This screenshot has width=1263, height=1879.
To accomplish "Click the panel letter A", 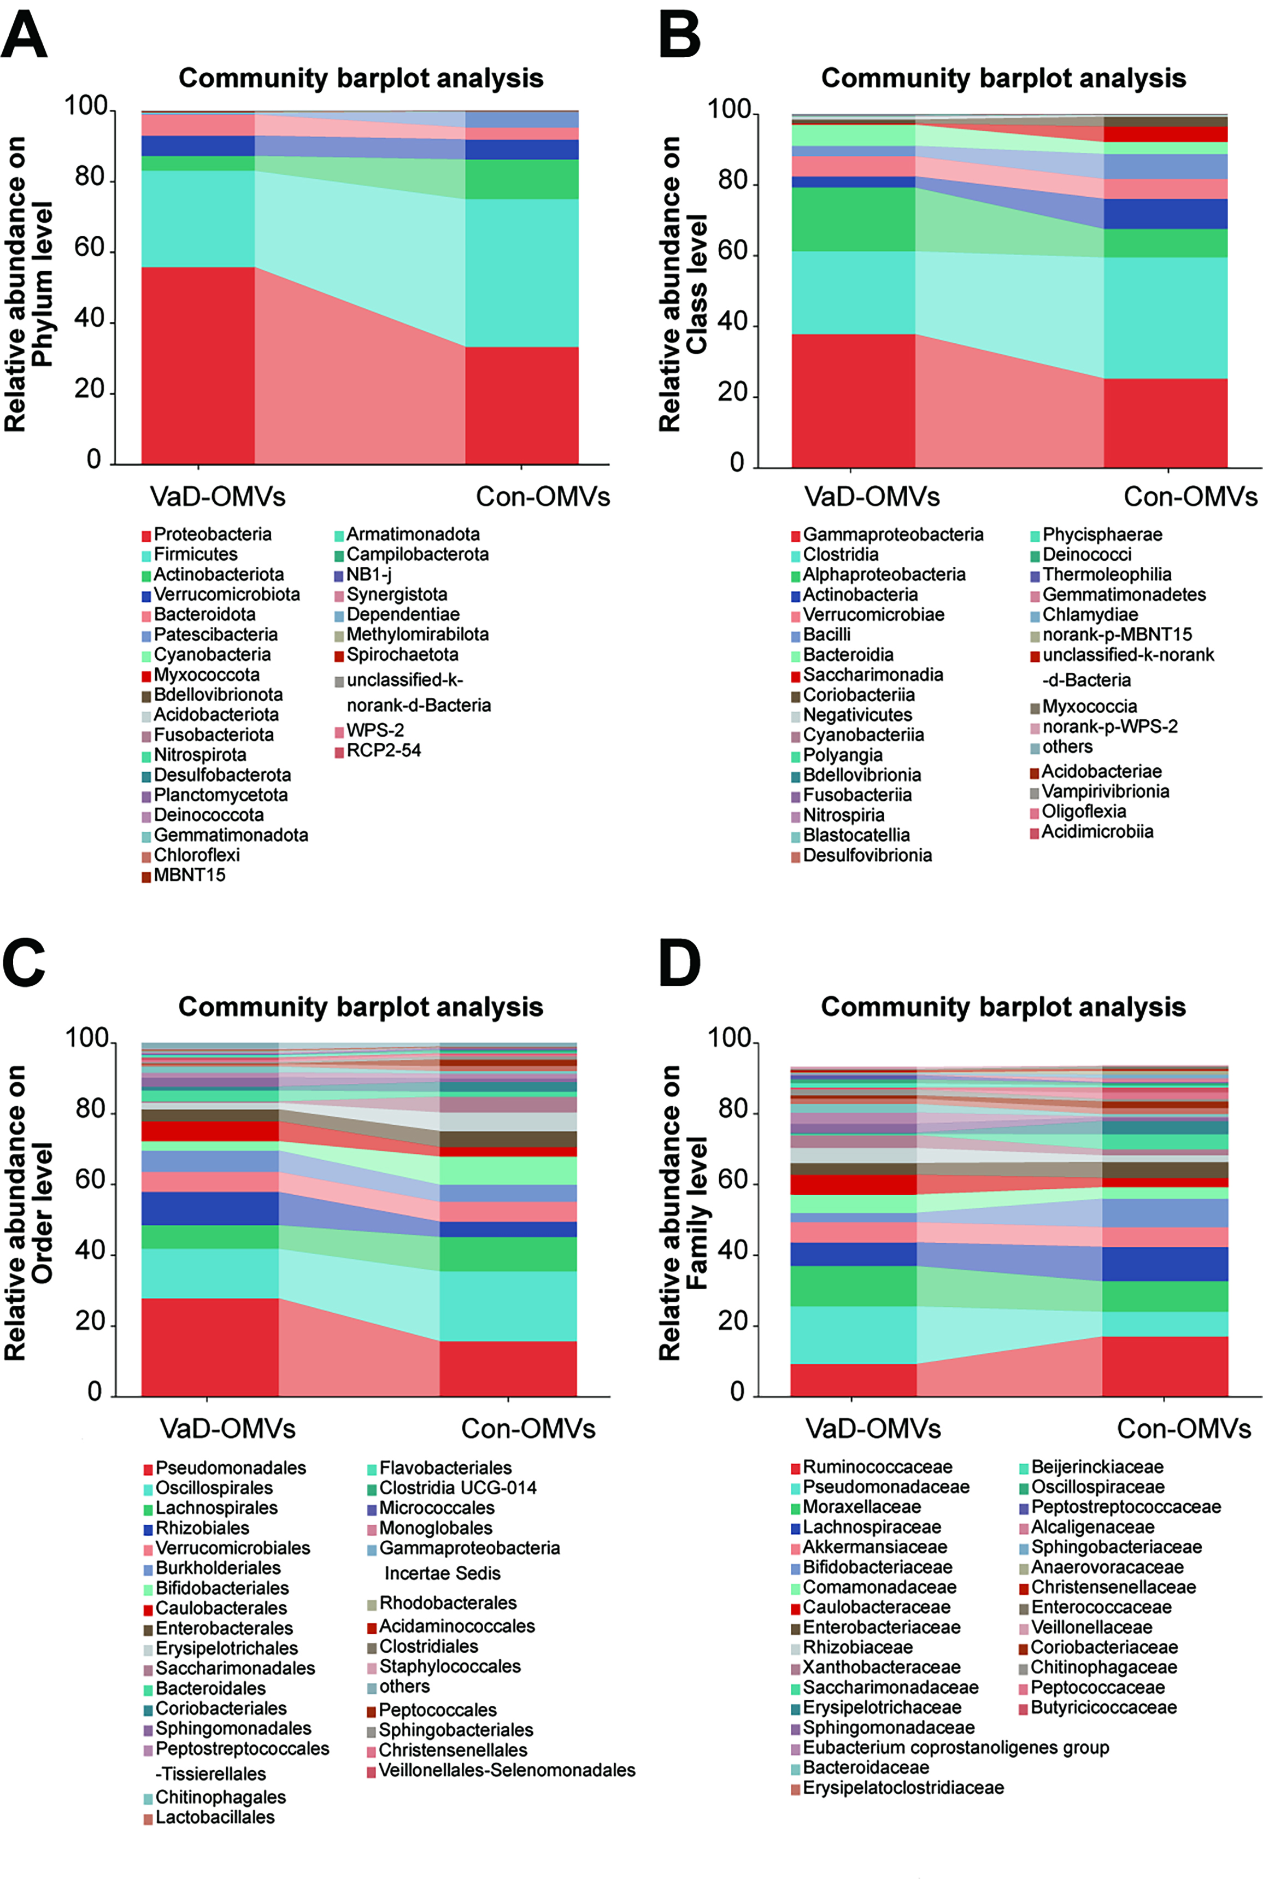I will [24, 36].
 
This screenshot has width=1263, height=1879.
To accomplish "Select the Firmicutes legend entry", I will [196, 555].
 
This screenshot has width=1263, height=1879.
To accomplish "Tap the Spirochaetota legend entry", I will [402, 655].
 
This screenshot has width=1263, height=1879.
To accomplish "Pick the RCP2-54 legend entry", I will [384, 750].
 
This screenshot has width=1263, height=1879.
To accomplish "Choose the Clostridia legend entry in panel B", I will [840, 555].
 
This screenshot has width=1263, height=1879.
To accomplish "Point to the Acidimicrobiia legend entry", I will [1097, 832].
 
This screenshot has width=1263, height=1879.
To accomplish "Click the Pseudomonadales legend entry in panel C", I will [231, 1468].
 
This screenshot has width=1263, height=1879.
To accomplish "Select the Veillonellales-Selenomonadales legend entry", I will [507, 1770].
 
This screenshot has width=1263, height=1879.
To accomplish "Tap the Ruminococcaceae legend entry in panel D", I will [877, 1467].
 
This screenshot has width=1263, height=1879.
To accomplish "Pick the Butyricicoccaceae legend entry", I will [1103, 1707].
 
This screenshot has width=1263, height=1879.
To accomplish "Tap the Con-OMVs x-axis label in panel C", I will [528, 1429].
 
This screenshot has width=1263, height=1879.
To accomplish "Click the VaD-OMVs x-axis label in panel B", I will [872, 497].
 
